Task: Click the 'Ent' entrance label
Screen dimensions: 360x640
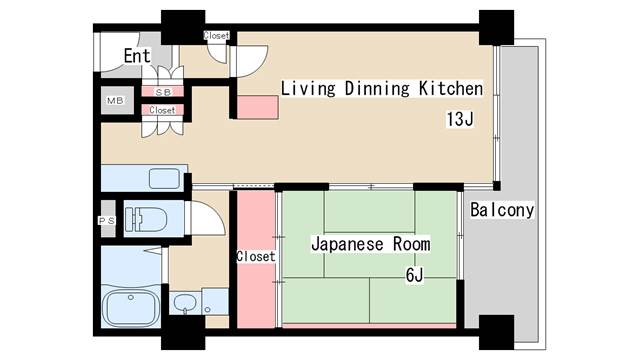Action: coord(137,55)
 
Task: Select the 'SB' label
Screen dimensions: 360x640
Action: coord(161,92)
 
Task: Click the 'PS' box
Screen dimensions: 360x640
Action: coord(106,221)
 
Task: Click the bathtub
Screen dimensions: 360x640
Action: coord(130,306)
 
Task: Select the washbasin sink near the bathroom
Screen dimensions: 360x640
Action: coord(183,303)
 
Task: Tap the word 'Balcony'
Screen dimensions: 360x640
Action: coord(501,211)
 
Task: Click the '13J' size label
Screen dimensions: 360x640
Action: coord(459,120)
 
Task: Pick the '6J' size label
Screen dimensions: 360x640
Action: coord(414,275)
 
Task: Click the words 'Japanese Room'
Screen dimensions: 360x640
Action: coord(370,243)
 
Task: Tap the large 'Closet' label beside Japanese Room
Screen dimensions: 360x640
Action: coord(255,257)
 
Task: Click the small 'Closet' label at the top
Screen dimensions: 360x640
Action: coord(216,36)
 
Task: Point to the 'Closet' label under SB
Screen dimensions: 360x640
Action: coord(162,110)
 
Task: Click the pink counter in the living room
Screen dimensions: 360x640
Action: coord(257,106)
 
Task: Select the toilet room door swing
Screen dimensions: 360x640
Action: coord(200,219)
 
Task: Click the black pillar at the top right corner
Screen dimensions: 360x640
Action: coord(495,26)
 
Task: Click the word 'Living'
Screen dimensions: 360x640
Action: coord(306,88)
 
